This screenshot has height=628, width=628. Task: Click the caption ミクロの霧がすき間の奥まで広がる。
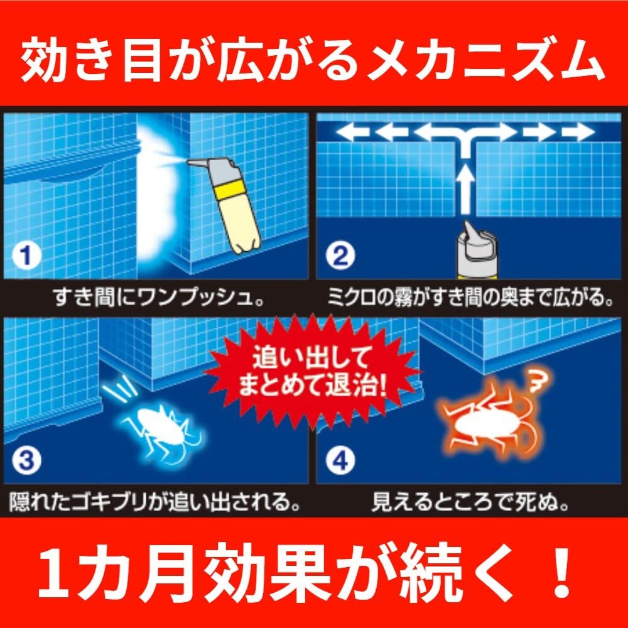click(x=470, y=295)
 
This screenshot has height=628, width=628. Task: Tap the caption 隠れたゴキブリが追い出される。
click(x=154, y=501)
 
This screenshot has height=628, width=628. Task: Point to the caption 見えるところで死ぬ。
click(x=470, y=501)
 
